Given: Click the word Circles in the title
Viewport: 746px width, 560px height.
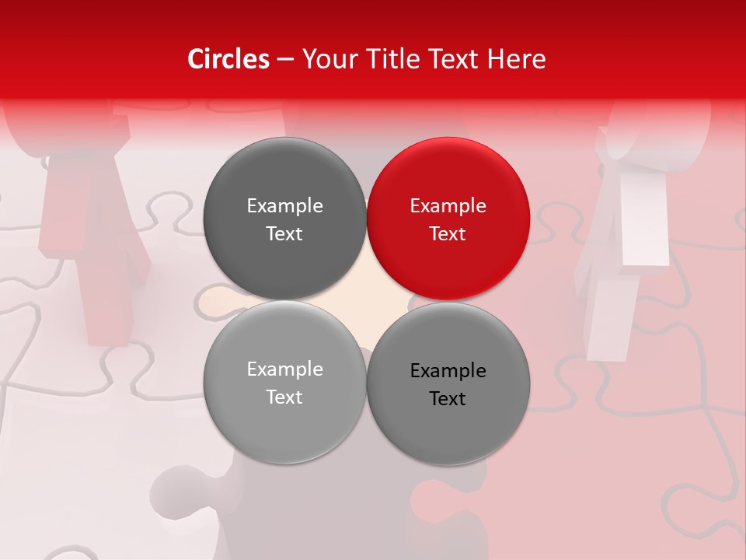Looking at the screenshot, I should click(x=228, y=59).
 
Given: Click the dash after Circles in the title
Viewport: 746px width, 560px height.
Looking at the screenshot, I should click(x=285, y=60).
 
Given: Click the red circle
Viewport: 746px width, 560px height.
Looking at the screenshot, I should click(x=448, y=219).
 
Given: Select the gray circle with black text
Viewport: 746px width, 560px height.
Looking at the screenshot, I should click(x=448, y=383).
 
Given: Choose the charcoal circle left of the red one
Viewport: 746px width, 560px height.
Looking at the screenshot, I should click(x=284, y=219).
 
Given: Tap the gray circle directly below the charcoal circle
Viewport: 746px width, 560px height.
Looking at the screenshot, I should click(x=284, y=382).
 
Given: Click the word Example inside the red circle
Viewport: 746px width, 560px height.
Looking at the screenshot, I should click(x=448, y=205).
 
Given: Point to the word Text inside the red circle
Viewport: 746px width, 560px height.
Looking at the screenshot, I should click(x=448, y=233).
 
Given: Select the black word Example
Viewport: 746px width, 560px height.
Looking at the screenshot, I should click(x=448, y=371).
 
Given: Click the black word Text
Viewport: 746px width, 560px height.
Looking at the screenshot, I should click(x=448, y=399).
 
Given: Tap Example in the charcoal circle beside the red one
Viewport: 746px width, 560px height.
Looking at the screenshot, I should click(x=284, y=205).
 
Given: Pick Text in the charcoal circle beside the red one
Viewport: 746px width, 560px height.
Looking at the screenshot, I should click(x=284, y=233).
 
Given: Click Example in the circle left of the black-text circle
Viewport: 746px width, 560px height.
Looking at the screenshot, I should click(x=284, y=369).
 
